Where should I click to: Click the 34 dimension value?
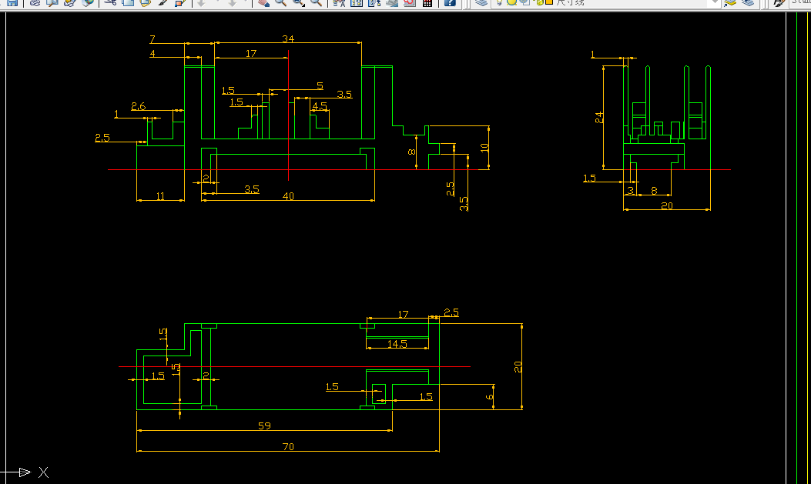coord(288,38)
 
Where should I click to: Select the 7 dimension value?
coord(152,38)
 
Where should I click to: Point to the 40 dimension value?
coord(288,196)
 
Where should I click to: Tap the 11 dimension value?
coord(160,196)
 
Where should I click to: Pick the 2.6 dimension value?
coord(139,106)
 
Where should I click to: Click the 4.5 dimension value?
coord(320,106)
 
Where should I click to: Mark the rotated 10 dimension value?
coord(484,147)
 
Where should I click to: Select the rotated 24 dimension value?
coord(599,117)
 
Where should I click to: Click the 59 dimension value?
coord(264,426)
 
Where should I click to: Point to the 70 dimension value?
coord(288,446)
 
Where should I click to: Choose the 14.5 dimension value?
coord(397,344)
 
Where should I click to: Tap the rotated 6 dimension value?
coord(489,396)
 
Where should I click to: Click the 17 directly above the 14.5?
coord(403,314)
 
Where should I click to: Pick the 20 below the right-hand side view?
coord(667,205)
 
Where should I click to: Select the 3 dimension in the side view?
coord(631,190)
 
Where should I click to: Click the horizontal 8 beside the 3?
coord(654,190)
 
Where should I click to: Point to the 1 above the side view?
coord(593,54)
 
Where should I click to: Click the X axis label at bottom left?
coord(44,472)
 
